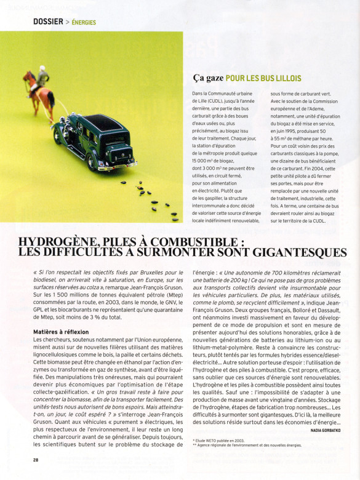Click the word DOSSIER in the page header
click(x=48, y=22)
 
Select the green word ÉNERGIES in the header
click(x=84, y=23)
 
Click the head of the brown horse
click(x=26, y=77)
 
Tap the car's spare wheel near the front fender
click(x=60, y=133)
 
